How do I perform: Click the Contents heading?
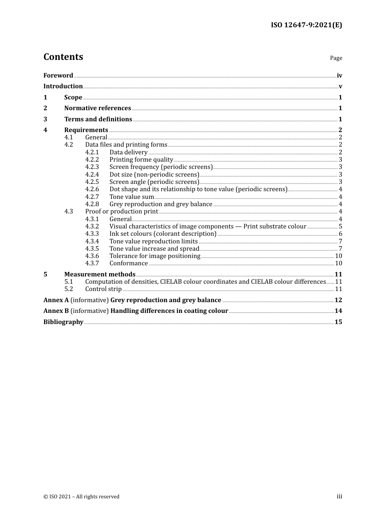[63, 57]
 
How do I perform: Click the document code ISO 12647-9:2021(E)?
[306, 25]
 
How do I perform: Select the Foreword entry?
[58, 76]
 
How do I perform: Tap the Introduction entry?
[63, 86]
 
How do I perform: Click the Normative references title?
[98, 108]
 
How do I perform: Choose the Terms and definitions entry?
[98, 119]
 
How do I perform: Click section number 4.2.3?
[92, 167]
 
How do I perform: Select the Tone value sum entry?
[131, 197]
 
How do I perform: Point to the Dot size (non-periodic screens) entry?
[154, 175]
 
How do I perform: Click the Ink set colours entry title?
[163, 234]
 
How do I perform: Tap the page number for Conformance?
[338, 263]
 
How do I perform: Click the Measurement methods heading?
[100, 275]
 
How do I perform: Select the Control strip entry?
[103, 289]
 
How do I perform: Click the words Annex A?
[56, 300]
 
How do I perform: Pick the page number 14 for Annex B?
[338, 311]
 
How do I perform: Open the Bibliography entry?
[63, 322]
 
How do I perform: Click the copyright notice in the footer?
[81, 497]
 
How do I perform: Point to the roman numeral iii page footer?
[339, 496]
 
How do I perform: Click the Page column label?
[336, 58]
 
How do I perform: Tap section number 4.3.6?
[92, 256]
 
